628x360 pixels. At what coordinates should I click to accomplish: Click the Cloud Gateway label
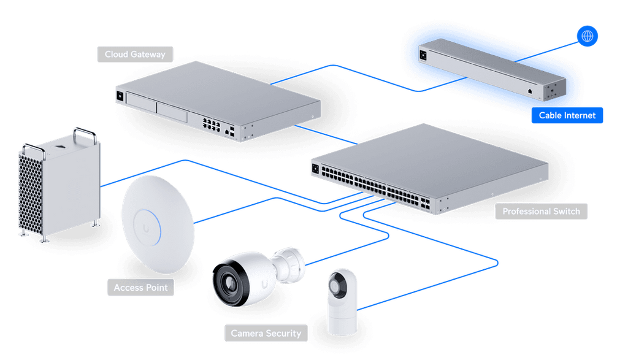135,54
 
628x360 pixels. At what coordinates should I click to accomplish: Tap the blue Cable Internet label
567,115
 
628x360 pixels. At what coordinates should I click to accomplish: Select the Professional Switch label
541,211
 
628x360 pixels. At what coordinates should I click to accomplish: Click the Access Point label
140,288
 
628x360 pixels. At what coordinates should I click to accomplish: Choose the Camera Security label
266,333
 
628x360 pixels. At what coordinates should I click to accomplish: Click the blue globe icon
587,36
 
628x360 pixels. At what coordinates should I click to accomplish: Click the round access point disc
158,224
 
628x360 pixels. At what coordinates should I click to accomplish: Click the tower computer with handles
59,185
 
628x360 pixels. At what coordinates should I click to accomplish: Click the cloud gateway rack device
218,101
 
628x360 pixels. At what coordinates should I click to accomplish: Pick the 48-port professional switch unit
430,168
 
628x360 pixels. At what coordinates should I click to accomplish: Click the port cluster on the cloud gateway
211,124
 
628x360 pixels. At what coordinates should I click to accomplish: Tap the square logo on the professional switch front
315,169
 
